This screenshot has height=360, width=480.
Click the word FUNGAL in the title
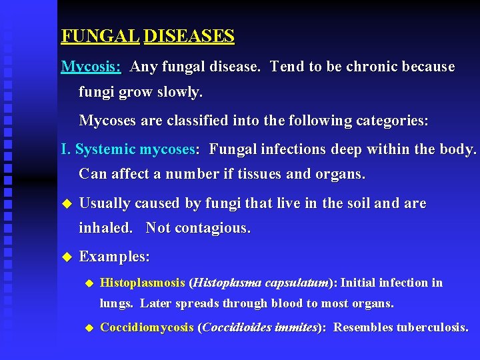point(100,36)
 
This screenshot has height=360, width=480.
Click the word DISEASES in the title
point(189,36)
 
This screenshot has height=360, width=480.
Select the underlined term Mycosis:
point(91,67)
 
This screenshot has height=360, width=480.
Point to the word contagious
point(211,228)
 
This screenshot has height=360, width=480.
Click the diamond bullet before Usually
point(65,203)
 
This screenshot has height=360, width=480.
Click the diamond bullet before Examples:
point(65,257)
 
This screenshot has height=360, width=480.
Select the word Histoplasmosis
point(142,283)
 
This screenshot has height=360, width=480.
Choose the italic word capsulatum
point(297,283)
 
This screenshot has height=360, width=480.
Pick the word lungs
point(116,304)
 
